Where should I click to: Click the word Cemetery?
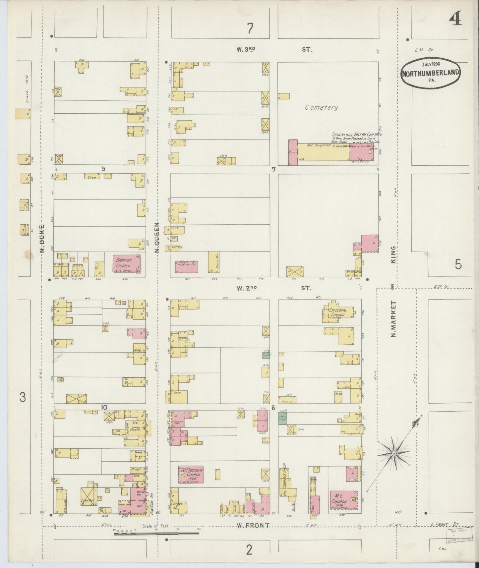click(x=322, y=107)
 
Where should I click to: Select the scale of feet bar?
click(x=156, y=534)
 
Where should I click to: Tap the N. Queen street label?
click(x=158, y=237)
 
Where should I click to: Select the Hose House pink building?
click(x=186, y=267)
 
